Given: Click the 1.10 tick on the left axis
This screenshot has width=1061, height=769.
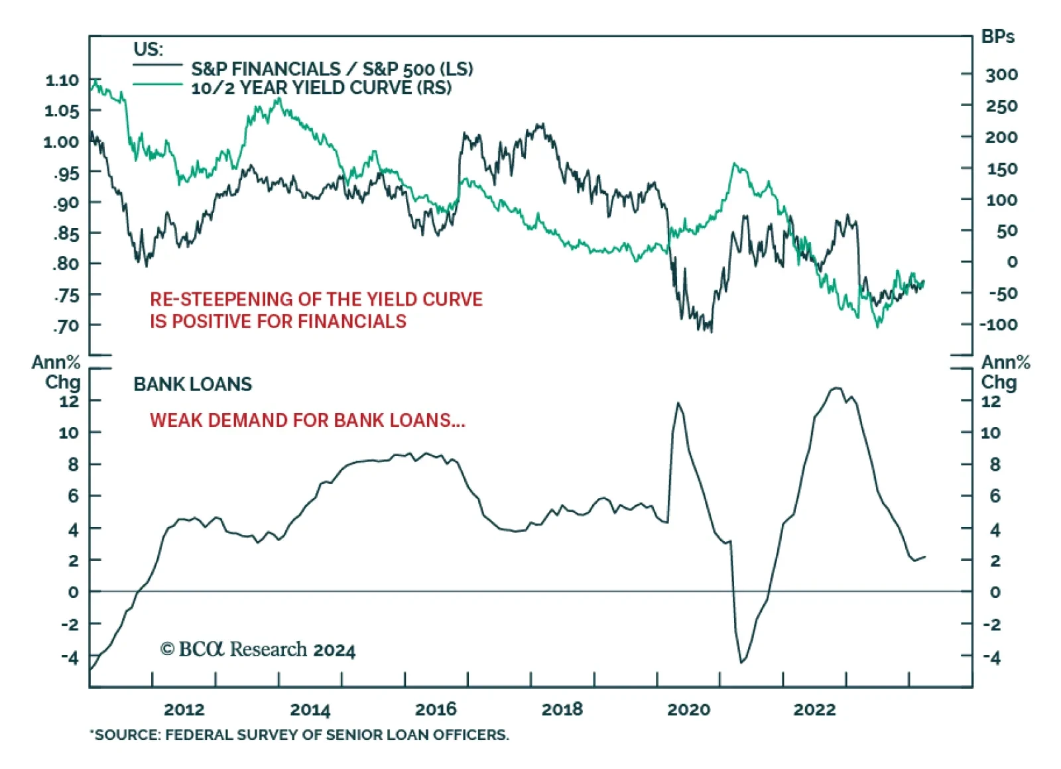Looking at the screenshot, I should tap(62, 81).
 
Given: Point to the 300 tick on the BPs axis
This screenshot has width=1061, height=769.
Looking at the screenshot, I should tap(1001, 75).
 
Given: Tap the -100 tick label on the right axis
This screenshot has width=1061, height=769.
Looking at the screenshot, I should tap(999, 325).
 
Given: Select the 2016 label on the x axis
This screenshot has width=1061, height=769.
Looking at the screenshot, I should tap(436, 709).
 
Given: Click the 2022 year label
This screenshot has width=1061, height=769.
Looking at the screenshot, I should tap(814, 709).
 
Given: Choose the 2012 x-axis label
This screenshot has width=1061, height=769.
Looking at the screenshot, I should tap(184, 709).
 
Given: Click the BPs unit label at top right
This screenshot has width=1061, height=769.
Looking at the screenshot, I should tap(997, 37).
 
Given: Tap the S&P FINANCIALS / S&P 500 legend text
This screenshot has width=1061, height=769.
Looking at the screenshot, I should tap(332, 69).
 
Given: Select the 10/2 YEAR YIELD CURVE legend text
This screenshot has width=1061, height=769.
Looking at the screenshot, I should tap(321, 88).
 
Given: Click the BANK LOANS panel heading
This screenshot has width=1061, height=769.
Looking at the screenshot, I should tap(192, 384).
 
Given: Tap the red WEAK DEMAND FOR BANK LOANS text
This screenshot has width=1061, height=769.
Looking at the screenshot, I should tap(307, 420).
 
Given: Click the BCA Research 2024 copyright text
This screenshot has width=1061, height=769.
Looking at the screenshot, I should tap(257, 650).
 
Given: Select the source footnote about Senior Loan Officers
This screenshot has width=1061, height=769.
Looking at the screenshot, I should tap(300, 735).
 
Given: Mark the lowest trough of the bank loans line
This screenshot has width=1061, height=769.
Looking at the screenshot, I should tap(741, 662).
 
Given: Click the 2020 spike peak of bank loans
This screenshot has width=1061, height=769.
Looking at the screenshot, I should tap(678, 402).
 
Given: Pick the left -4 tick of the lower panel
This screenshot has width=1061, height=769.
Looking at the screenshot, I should tap(70, 658).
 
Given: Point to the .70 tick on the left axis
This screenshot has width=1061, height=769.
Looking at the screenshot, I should tap(66, 326).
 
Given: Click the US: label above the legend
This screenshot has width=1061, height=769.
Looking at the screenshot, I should tap(148, 50).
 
